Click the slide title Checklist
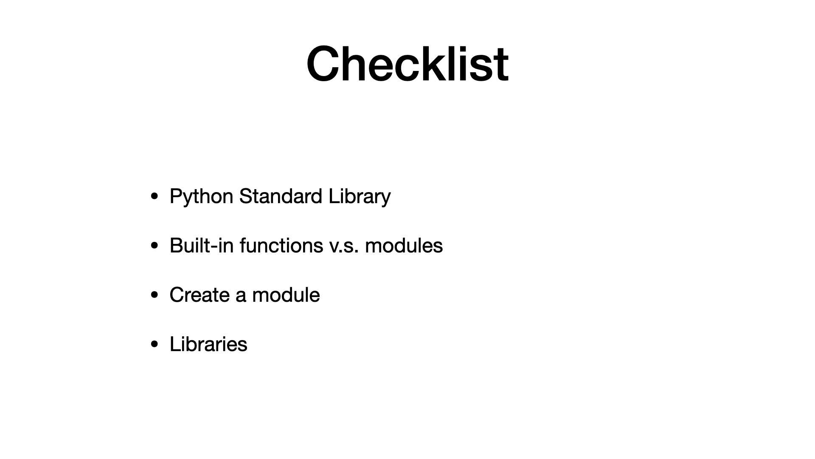(407, 64)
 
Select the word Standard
(281, 196)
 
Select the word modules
(404, 246)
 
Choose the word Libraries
(208, 344)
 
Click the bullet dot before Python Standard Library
(155, 196)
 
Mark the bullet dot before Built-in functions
(155, 246)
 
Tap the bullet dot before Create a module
(155, 295)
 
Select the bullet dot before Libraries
(155, 344)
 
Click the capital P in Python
(176, 196)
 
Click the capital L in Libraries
(175, 344)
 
